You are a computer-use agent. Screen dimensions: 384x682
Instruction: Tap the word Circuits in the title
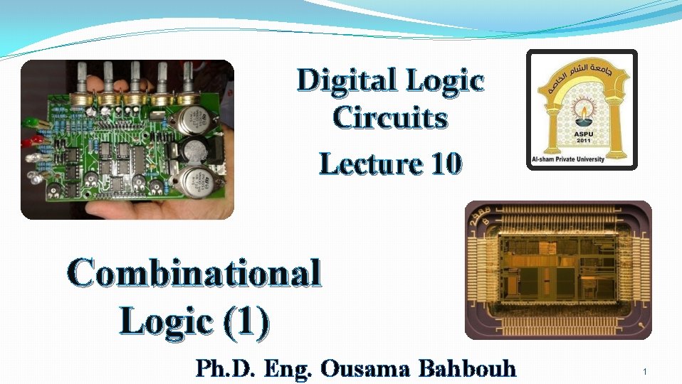pos(391,118)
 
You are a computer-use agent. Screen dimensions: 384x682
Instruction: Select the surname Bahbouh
pos(467,369)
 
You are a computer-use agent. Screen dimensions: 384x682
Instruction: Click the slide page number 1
pos(644,372)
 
